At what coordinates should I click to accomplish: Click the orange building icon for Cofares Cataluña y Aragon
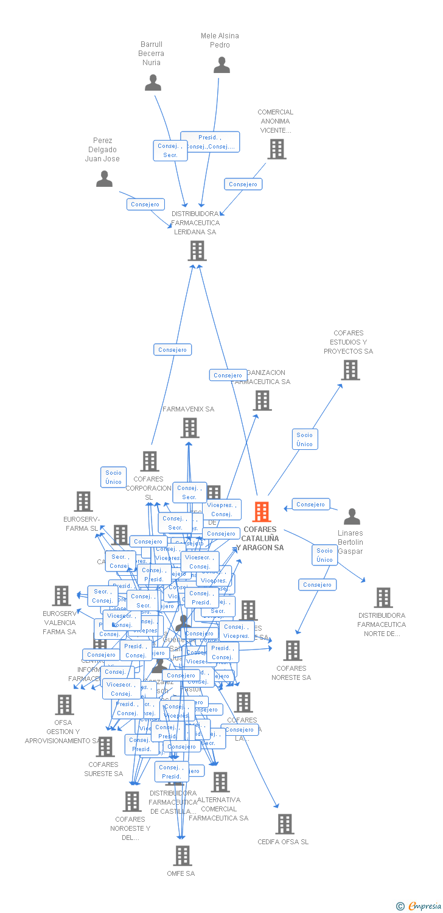tap(262, 512)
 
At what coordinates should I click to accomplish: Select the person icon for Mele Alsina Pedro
tap(221, 65)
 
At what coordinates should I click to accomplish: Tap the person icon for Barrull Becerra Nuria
tap(153, 83)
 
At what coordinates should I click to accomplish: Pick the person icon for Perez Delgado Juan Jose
tap(105, 179)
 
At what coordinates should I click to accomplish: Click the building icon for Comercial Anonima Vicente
tap(277, 149)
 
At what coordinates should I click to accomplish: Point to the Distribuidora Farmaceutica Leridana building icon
tap(197, 251)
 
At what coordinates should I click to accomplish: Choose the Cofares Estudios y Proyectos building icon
tap(350, 370)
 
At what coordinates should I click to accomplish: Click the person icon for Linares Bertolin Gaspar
tap(352, 517)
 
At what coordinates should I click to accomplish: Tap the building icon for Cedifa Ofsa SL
tap(284, 824)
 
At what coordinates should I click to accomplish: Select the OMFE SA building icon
tap(182, 856)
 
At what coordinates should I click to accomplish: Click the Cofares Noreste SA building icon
tap(292, 651)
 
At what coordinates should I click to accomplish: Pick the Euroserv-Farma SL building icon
tap(83, 502)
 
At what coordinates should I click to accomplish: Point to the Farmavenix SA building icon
tap(190, 428)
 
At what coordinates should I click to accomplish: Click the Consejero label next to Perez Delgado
tap(145, 205)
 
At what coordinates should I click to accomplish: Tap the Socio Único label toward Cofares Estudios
tap(305, 439)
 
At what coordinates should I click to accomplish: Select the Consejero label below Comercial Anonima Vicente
tap(243, 184)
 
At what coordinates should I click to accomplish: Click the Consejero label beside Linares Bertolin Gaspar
tap(311, 504)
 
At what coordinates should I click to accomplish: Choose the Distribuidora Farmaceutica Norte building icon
tap(383, 598)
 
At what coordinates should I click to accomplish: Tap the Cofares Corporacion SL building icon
tap(150, 461)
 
